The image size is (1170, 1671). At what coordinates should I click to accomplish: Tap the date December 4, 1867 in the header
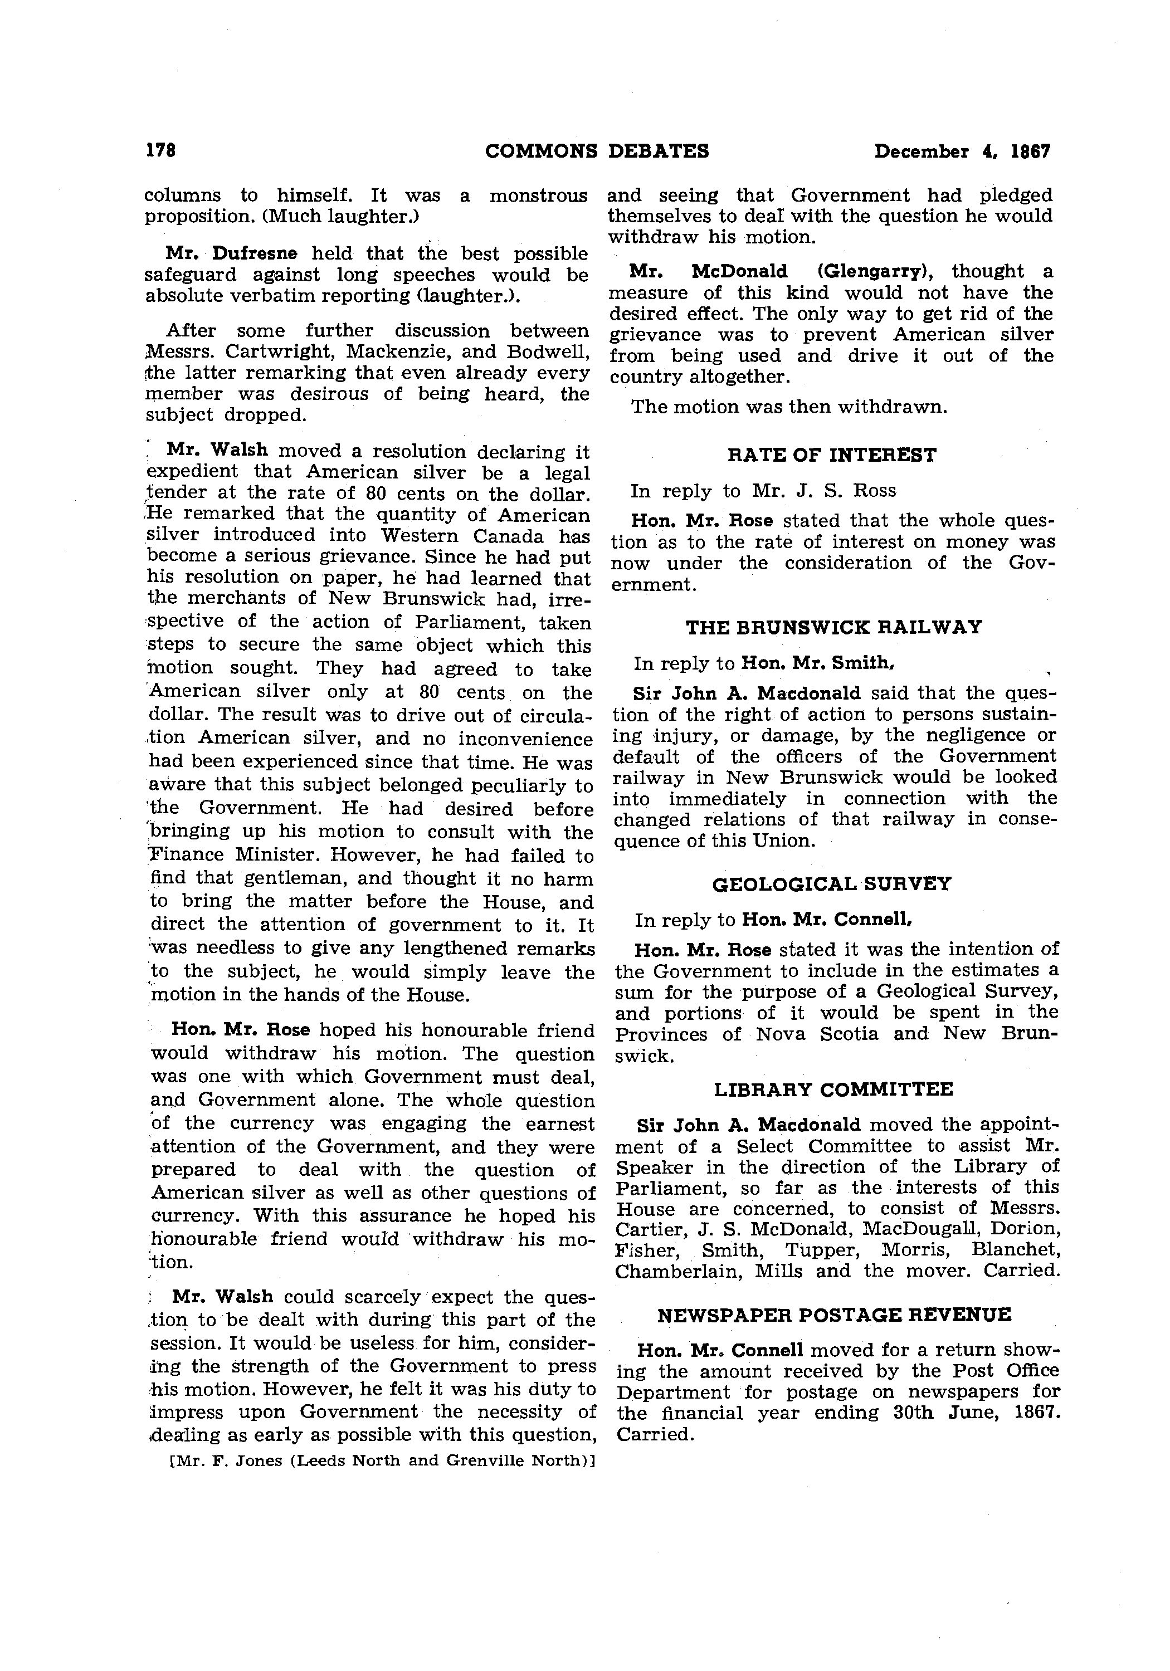coord(963,152)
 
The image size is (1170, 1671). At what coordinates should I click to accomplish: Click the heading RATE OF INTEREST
coord(831,456)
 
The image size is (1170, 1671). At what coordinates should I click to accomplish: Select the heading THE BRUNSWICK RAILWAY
coord(833,627)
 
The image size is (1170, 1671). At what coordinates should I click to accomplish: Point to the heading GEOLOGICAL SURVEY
coord(831,885)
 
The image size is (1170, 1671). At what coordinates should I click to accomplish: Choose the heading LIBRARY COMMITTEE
coord(833,1089)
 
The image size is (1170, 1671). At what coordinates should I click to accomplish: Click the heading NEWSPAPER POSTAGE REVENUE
coord(833,1315)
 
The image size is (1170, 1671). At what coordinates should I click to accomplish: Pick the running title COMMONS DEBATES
coord(597,152)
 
